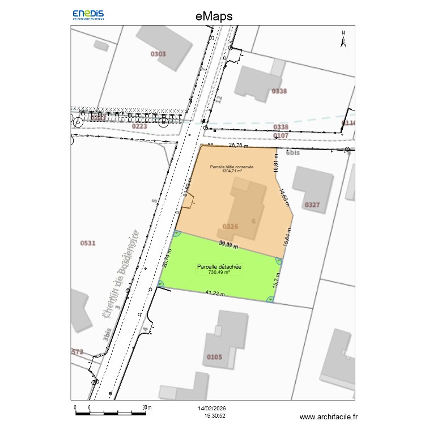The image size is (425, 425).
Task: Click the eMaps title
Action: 214,16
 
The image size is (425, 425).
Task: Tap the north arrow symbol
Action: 343,39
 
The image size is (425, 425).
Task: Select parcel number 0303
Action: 158,54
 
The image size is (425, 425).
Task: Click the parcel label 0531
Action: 88,243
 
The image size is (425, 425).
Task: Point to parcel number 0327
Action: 312,205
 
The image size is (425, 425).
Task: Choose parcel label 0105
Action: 215,357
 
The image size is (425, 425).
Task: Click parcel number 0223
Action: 139,126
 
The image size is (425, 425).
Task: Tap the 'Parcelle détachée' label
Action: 219,266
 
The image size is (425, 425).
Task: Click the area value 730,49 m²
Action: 219,273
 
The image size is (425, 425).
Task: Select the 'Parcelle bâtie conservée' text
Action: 231,167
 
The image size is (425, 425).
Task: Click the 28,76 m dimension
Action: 239,145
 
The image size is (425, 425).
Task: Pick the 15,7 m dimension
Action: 276,280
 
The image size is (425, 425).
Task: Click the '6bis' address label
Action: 292,153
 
